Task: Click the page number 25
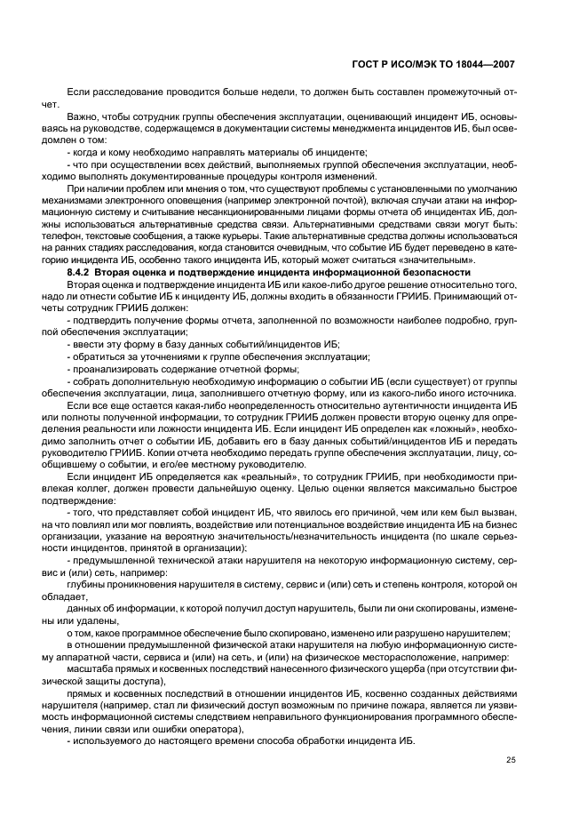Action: pyautogui.click(x=510, y=759)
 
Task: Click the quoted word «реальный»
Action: pyautogui.click(x=222, y=475)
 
